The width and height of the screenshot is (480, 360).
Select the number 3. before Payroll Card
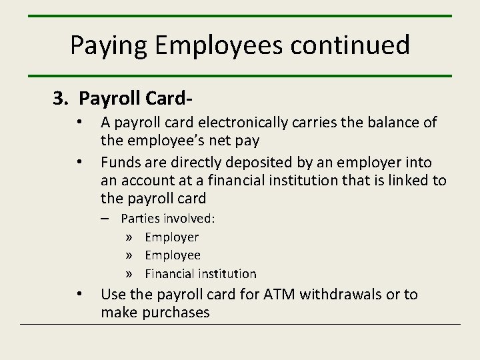point(61,98)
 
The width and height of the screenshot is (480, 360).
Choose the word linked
point(409,181)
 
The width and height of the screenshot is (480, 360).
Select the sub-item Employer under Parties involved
point(171,237)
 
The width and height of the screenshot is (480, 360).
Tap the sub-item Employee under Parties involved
point(172,255)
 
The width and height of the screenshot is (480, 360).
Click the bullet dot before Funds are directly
point(79,161)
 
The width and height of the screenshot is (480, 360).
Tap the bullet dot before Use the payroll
point(79,293)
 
